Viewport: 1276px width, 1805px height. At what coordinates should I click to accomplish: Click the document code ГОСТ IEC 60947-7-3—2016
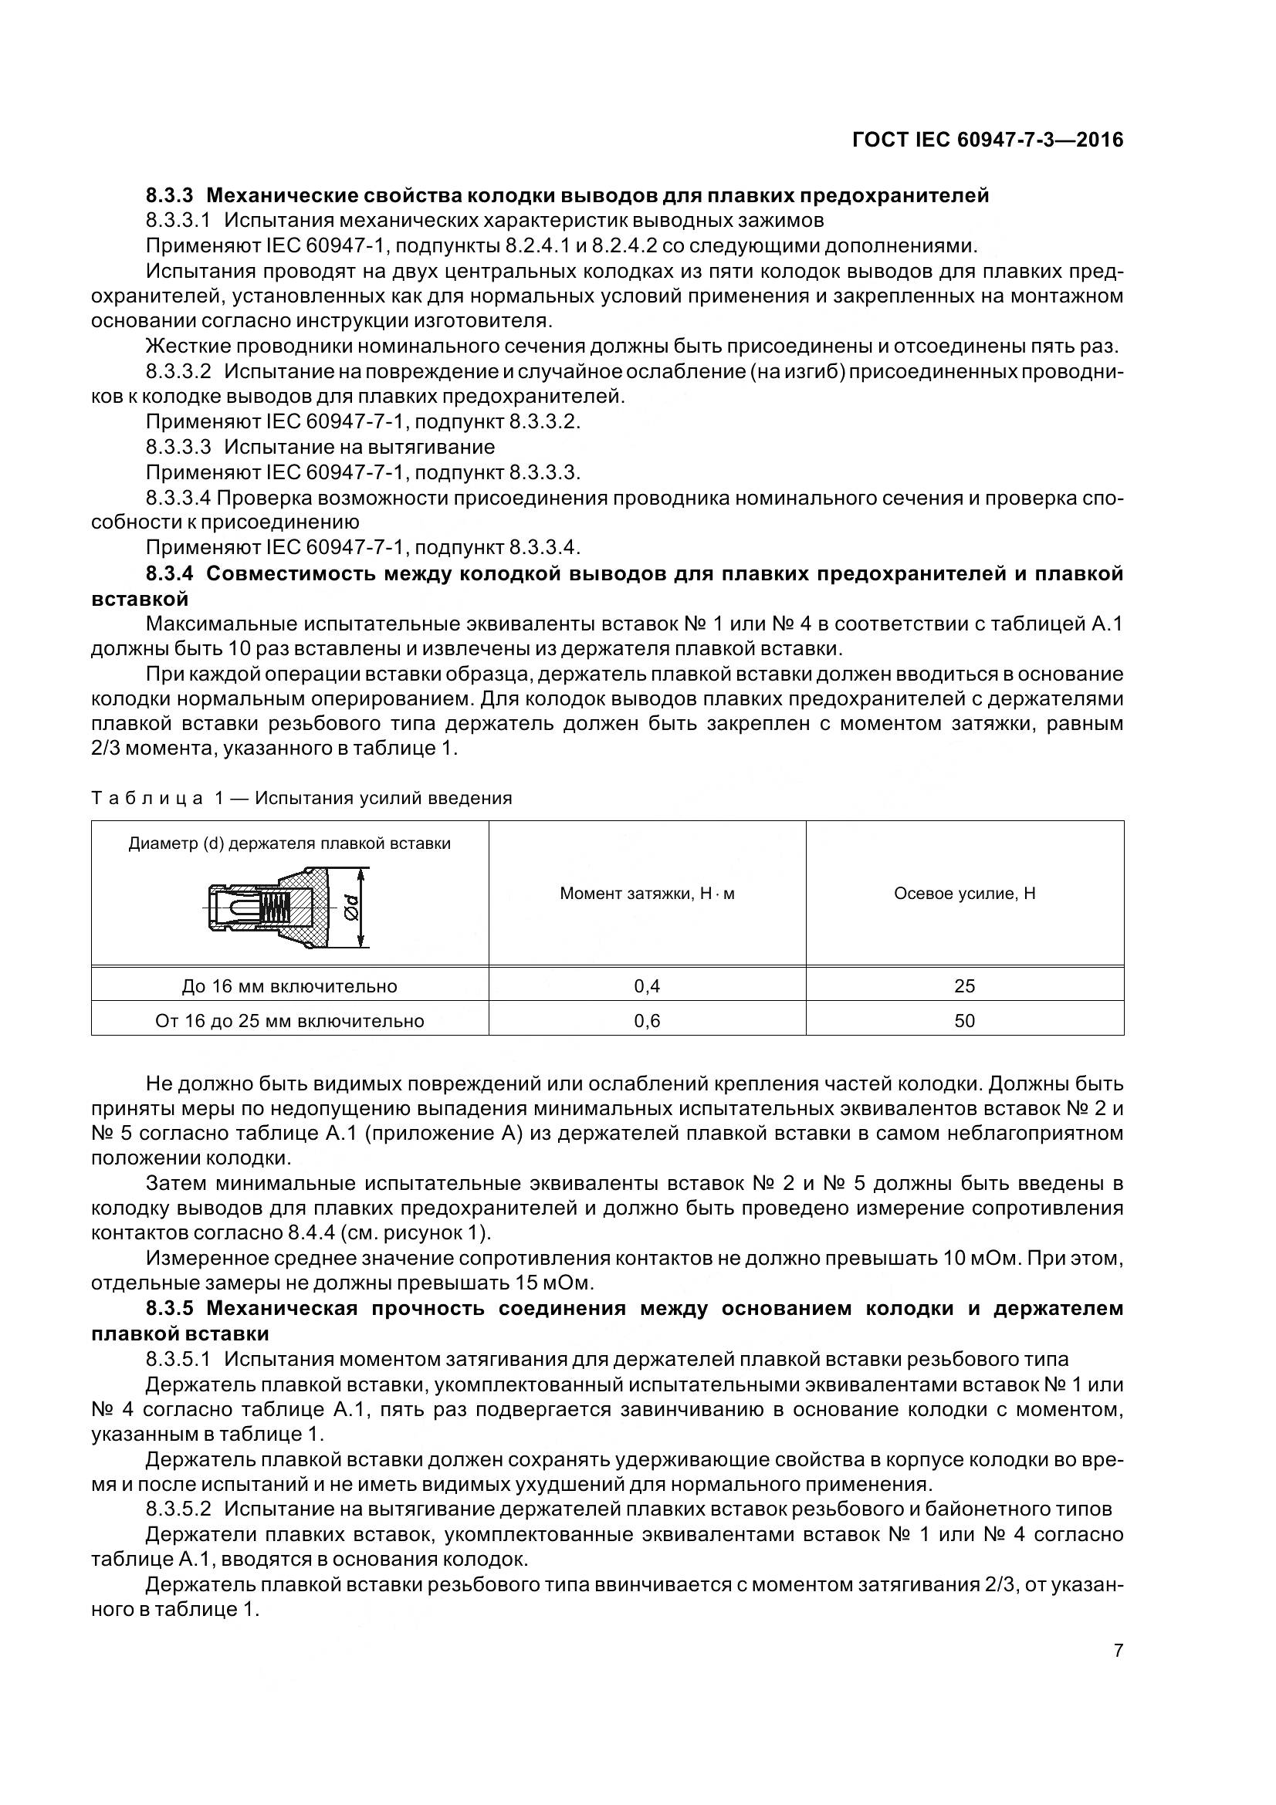pyautogui.click(x=987, y=140)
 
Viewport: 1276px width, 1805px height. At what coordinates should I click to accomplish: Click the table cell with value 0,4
pyautogui.click(x=646, y=985)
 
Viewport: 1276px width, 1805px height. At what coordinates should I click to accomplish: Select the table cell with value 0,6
pyautogui.click(x=646, y=1020)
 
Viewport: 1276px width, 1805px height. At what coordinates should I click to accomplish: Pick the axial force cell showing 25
pyautogui.click(x=964, y=985)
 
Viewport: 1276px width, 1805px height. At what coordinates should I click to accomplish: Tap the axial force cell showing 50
pyautogui.click(x=964, y=1020)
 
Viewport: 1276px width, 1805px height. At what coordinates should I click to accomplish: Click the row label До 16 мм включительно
pyautogui.click(x=289, y=985)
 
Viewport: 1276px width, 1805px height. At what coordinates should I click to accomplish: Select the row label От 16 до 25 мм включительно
pyautogui.click(x=289, y=1020)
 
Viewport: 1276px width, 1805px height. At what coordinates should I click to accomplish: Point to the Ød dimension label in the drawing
pyautogui.click(x=350, y=909)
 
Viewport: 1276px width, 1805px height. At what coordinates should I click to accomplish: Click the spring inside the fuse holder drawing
pyautogui.click(x=272, y=909)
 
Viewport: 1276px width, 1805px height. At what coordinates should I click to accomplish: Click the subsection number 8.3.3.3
pyautogui.click(x=178, y=447)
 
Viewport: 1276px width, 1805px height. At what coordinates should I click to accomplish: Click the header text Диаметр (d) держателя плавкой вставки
pyautogui.click(x=289, y=843)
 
